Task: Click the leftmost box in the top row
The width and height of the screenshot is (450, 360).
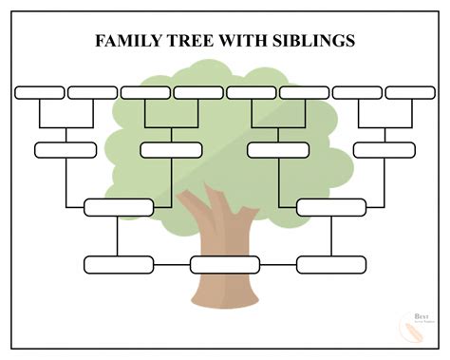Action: tap(40, 92)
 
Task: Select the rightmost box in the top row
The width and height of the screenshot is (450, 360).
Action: tap(410, 92)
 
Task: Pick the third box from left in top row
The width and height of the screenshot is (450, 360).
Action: tap(145, 92)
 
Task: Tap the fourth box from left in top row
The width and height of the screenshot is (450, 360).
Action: tap(198, 92)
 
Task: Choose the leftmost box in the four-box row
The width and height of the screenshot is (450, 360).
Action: tap(66, 150)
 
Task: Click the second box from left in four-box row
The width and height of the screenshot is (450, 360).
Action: tap(171, 150)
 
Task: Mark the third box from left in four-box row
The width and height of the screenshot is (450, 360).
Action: tap(278, 150)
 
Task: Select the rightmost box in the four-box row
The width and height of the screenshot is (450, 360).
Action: tap(384, 150)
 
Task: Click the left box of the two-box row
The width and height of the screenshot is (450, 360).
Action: tap(119, 207)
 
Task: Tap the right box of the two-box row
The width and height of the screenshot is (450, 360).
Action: tap(331, 207)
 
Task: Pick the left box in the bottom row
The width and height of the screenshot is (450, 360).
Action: tap(119, 264)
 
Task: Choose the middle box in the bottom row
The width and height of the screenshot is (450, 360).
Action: tap(225, 264)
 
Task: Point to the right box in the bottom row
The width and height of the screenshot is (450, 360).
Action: tap(331, 264)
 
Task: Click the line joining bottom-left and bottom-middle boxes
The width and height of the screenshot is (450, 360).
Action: tap(172, 264)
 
